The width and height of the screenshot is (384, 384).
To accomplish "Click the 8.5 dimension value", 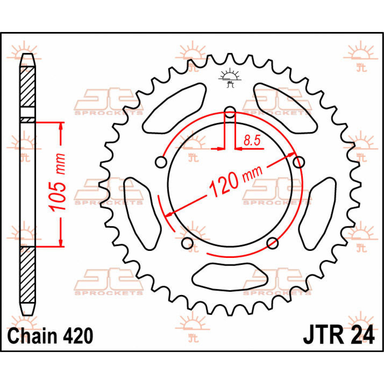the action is (252, 140).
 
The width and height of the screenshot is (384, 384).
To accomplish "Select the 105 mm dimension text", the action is (58, 182).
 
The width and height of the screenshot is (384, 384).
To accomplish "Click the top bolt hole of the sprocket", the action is (230, 112).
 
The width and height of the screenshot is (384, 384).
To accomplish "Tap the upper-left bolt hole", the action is (161, 162).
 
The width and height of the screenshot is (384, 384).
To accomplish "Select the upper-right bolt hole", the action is (299, 162).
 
